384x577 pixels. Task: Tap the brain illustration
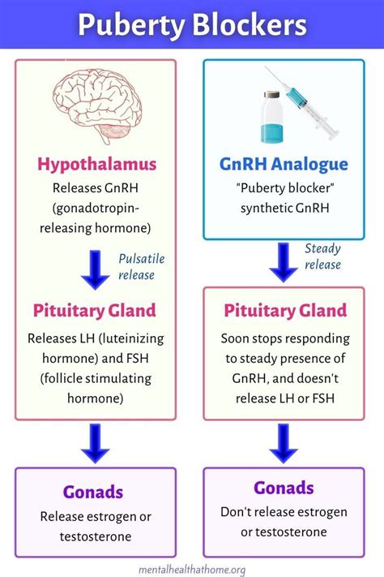[96, 108]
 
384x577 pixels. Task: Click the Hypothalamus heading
[96, 165]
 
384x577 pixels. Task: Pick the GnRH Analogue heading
[284, 165]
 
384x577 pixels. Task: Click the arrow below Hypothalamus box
[96, 270]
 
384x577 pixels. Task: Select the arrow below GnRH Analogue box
[284, 261]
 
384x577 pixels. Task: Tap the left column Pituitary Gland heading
[96, 310]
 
